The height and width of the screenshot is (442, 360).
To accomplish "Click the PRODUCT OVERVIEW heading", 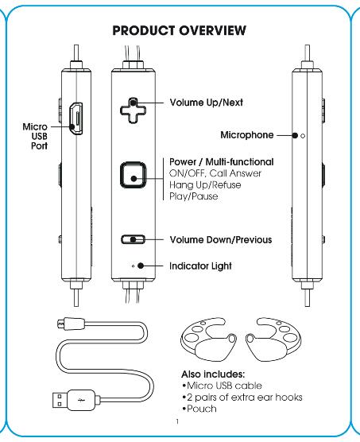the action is tap(179, 30).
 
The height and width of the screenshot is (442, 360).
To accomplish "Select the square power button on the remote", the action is tap(134, 175).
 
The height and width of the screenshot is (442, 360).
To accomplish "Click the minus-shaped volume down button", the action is tap(134, 239).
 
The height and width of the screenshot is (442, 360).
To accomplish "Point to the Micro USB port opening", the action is tap(76, 118).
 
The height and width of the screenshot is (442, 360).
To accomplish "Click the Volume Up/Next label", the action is tap(206, 103).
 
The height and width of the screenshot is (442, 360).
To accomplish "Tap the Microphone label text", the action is tap(247, 135).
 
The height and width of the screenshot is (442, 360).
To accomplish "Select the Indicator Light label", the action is tap(200, 266).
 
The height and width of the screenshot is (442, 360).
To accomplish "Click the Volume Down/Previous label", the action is tap(221, 240).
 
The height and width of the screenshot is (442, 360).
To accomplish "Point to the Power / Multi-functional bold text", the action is tap(222, 162).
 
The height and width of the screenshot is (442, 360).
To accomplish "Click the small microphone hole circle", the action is tap(303, 136).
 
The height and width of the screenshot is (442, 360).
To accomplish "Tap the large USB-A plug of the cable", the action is tap(74, 400).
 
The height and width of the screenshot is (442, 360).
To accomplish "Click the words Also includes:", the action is tap(213, 374).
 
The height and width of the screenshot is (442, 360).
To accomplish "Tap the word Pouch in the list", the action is tap(202, 409).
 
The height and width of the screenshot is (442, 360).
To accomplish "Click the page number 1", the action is tap(177, 421).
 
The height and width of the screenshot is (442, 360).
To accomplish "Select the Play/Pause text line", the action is tap(194, 196).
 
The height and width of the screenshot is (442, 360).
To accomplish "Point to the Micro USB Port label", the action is tap(36, 136).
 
